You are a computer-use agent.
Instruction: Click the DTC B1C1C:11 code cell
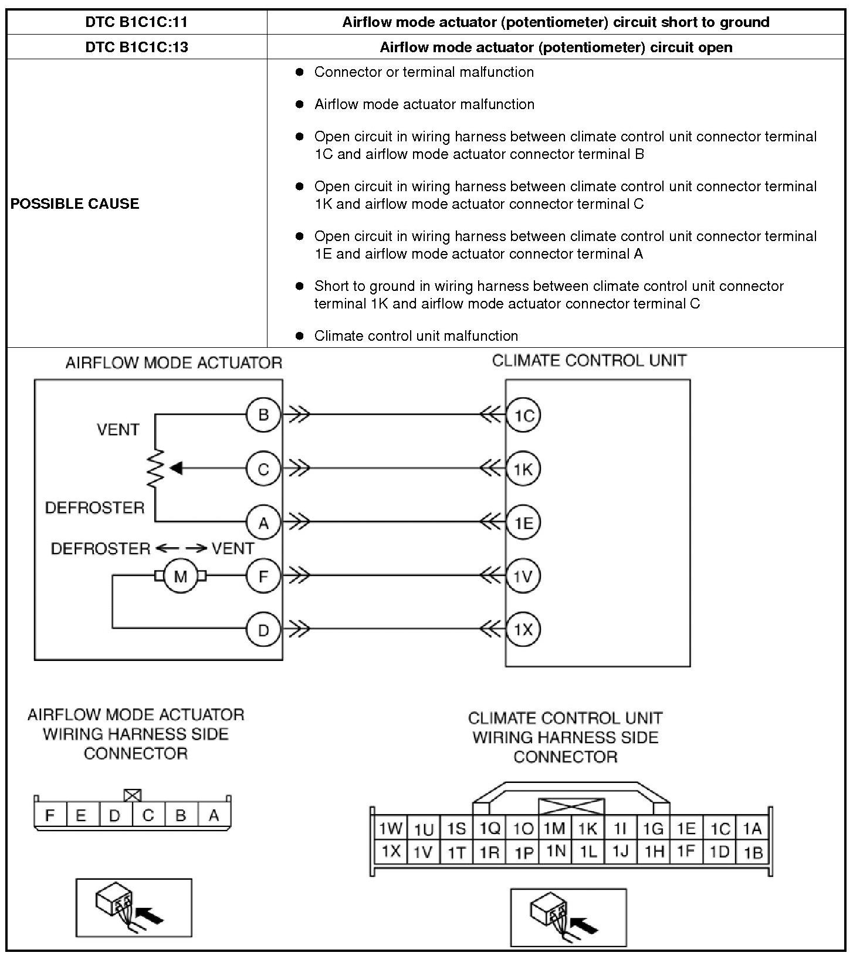(136, 22)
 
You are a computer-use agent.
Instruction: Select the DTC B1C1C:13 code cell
(136, 47)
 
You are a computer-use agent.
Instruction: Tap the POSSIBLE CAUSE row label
(75, 204)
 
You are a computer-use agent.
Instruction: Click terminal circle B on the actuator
(263, 415)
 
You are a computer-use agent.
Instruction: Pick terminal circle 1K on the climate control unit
(523, 469)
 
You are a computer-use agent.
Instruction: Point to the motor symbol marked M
(180, 576)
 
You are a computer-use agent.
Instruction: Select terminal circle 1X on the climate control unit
(523, 629)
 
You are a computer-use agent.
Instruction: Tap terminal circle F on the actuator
(263, 576)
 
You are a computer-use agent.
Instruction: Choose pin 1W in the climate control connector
(390, 829)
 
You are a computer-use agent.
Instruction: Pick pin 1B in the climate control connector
(753, 852)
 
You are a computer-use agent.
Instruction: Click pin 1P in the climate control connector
(523, 852)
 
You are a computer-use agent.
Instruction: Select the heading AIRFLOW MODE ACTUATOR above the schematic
(174, 362)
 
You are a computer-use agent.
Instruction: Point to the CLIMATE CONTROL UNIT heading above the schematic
(589, 360)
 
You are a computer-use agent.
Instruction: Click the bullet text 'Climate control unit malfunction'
(416, 335)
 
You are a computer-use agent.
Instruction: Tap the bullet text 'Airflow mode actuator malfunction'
(424, 104)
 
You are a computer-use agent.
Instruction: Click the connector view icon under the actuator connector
(134, 907)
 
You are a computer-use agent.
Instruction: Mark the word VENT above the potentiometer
(118, 429)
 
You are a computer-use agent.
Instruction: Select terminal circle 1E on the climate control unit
(523, 522)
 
